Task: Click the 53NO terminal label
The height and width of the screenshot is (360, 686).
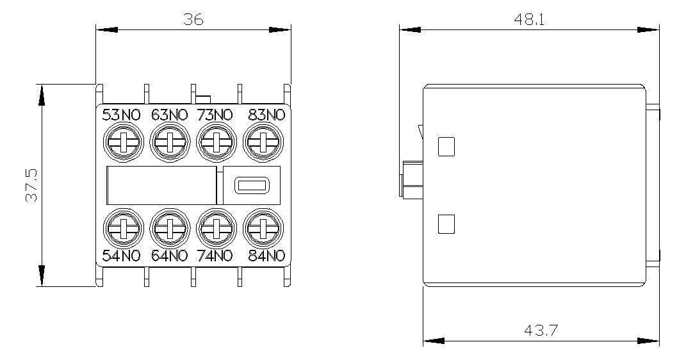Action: tap(121, 115)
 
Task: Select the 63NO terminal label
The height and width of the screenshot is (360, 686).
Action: tap(169, 115)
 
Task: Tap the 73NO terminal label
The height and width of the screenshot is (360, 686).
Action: tap(215, 115)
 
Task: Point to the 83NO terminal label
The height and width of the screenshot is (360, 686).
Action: tap(266, 115)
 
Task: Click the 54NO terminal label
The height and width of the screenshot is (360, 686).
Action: tap(121, 256)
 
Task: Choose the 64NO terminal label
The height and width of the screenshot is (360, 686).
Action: tap(169, 256)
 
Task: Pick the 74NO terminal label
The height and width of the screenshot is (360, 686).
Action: tap(215, 256)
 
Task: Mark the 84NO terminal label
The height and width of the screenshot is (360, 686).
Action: tap(266, 256)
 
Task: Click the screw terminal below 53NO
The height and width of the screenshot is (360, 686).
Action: tap(123, 142)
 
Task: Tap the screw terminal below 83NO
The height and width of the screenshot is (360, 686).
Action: tap(263, 142)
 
